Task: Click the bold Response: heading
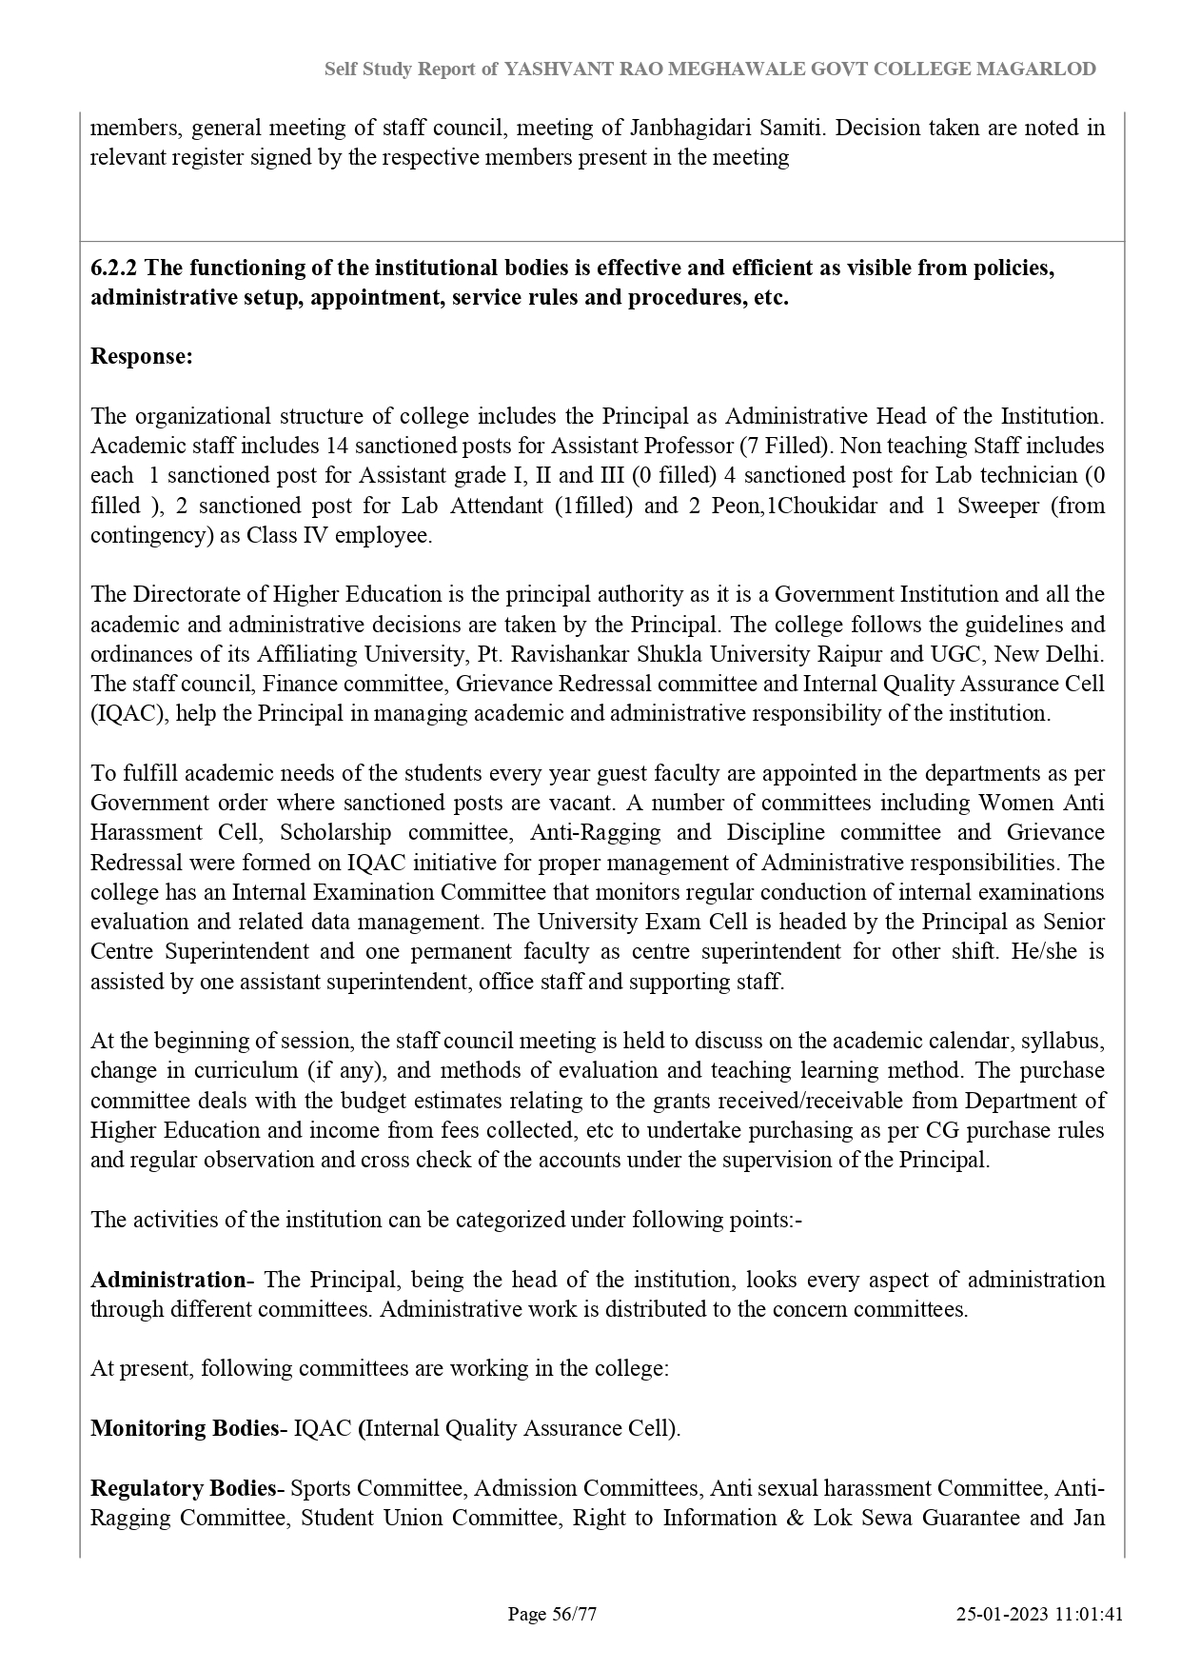[142, 356]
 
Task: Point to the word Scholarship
[335, 832]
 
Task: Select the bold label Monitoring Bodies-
[188, 1428]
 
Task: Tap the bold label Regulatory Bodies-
[187, 1488]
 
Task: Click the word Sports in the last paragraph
[321, 1488]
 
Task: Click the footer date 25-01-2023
[999, 1614]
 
